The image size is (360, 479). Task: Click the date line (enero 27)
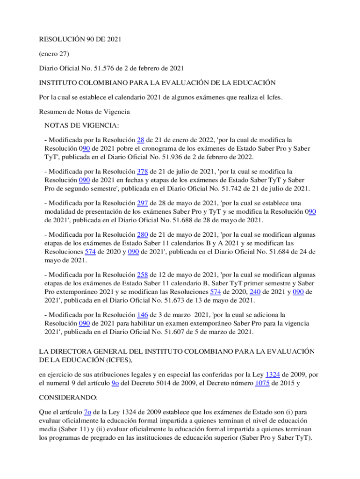click(54, 54)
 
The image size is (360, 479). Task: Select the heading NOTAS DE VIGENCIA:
click(82, 125)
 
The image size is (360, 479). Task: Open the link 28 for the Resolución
click(140, 140)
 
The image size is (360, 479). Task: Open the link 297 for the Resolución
click(143, 203)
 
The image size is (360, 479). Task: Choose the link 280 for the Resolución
click(143, 234)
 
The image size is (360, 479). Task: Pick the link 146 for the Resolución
click(143, 315)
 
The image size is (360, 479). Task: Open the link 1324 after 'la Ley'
click(273, 374)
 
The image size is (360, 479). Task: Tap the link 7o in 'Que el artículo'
click(87, 412)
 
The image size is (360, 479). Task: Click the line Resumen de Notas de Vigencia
click(84, 112)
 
